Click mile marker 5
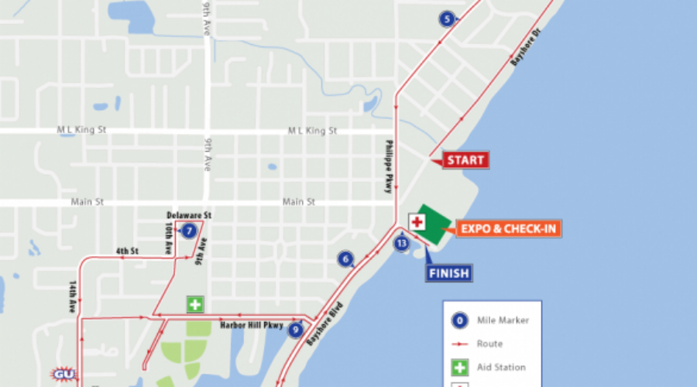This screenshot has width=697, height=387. [x=446, y=19]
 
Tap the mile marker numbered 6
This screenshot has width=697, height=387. [x=345, y=259]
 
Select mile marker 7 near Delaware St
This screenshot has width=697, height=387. [x=189, y=230]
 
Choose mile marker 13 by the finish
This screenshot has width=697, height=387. [x=401, y=244]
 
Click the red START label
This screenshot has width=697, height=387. [x=465, y=161]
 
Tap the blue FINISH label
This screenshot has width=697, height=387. [x=448, y=272]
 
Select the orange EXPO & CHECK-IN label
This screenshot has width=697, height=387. [x=508, y=228]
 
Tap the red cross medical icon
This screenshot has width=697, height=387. [x=417, y=222]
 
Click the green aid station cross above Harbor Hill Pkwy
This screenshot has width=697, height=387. [x=194, y=304]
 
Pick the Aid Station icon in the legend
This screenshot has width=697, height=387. [x=460, y=368]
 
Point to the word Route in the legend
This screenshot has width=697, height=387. [x=490, y=344]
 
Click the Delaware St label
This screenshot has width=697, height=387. [x=189, y=214]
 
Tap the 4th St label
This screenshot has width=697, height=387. [x=127, y=251]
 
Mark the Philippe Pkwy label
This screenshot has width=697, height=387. [x=390, y=166]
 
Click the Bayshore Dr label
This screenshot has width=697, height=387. [x=524, y=49]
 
